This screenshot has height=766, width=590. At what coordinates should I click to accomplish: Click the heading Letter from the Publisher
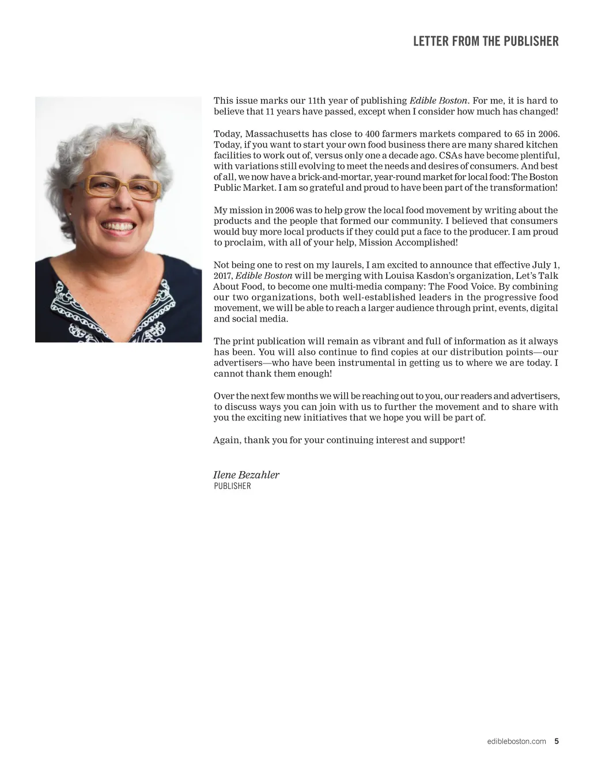point(486,41)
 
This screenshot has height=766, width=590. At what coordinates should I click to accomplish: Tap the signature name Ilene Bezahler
point(246,475)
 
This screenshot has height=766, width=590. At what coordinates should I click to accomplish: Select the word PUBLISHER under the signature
point(232,486)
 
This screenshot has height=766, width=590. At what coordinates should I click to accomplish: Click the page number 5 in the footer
point(557,741)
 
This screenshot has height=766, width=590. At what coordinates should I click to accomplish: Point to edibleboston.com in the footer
point(516,741)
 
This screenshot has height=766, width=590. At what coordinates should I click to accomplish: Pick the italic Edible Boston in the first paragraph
point(438,101)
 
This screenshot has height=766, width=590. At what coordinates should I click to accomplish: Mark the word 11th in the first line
point(317,101)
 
